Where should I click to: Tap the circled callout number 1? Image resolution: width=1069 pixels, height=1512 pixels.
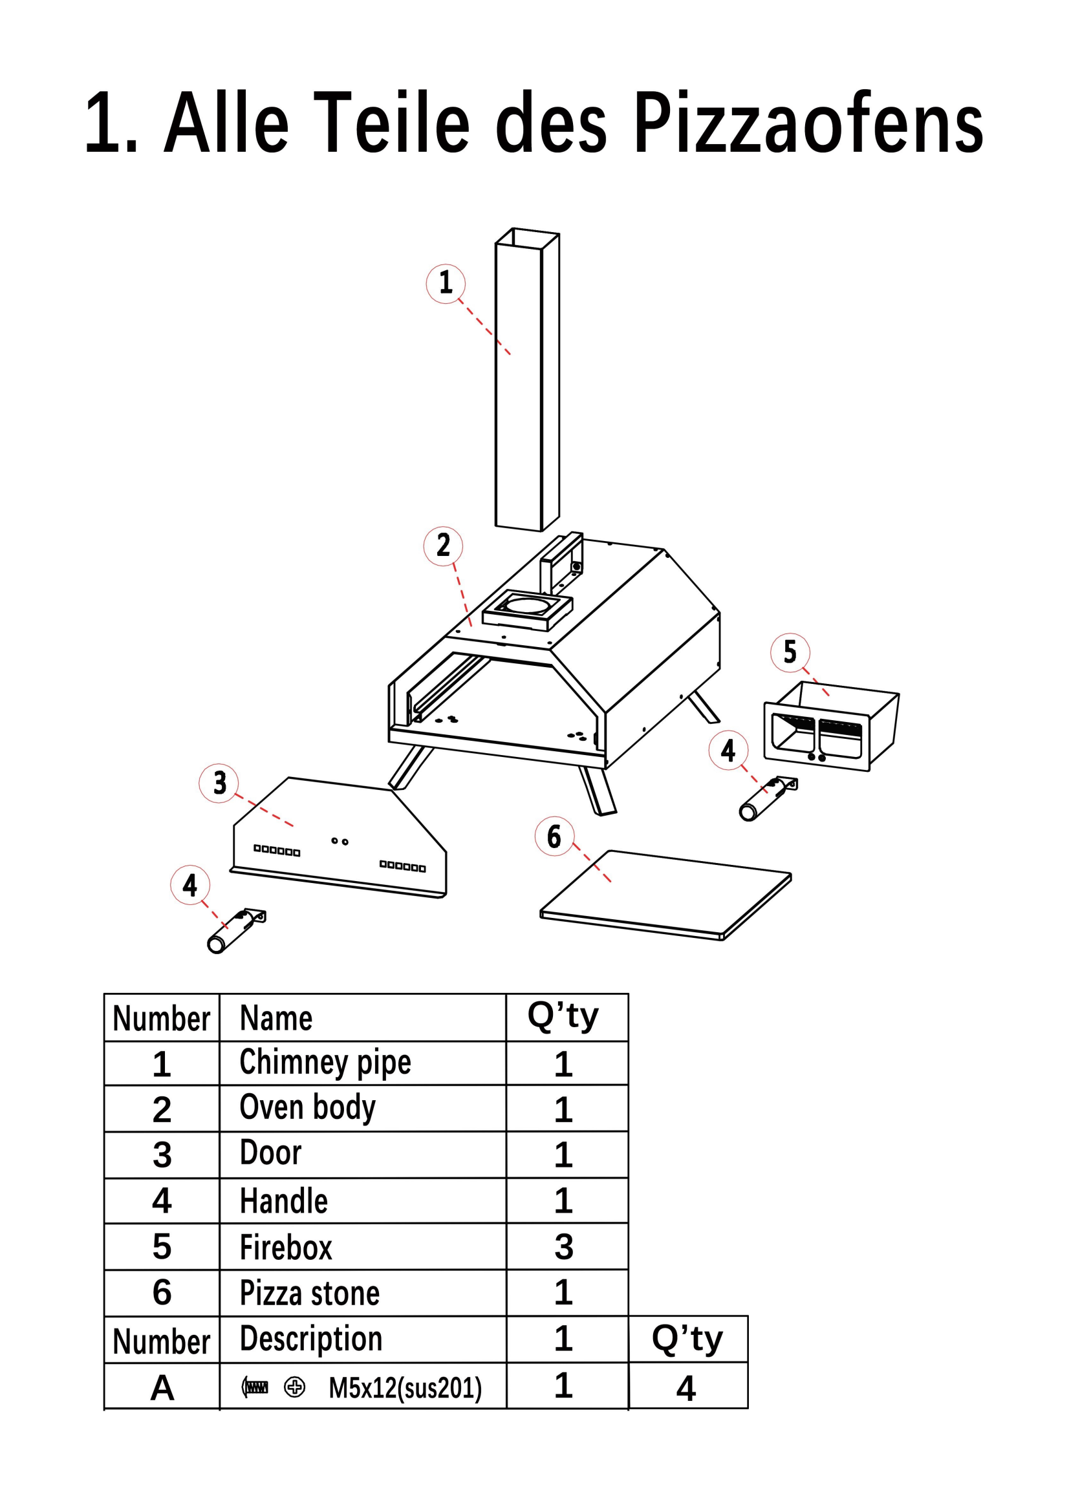coord(446,283)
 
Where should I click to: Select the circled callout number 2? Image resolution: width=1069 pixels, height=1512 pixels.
coord(443,546)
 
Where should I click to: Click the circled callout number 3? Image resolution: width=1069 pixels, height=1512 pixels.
coord(219,783)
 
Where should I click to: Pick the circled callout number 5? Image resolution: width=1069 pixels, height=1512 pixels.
coord(790,652)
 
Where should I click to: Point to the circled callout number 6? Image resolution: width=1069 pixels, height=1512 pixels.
coord(555,836)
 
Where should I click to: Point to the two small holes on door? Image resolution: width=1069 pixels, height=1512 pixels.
coord(340,841)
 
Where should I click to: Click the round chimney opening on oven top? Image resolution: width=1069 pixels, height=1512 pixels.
coord(528,604)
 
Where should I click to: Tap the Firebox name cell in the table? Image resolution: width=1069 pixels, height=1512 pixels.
coord(286,1246)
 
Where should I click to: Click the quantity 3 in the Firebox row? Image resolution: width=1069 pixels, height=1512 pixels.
coord(564,1246)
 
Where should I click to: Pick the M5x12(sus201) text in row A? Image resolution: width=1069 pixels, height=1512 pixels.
coord(405,1387)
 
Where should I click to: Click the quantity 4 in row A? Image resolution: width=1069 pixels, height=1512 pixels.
coord(686,1388)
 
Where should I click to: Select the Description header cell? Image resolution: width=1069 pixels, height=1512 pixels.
coord(311,1339)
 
